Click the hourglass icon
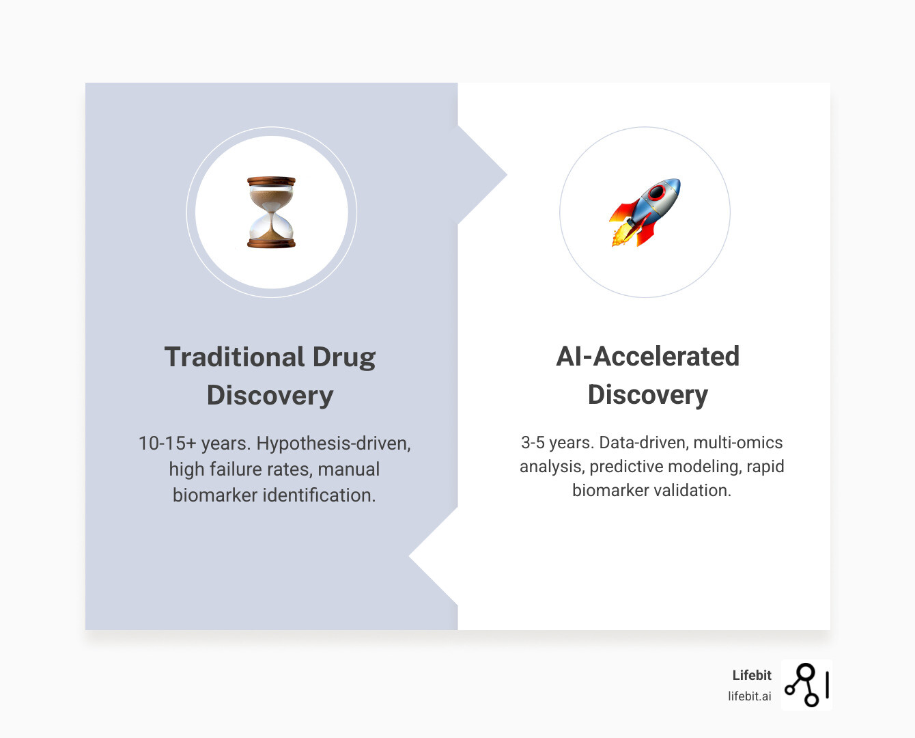pos(271,212)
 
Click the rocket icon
pos(645,212)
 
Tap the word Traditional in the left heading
pos(234,357)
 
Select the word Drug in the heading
pos(344,357)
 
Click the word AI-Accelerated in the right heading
pos(647,356)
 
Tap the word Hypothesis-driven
pos(333,443)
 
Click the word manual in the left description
pos(348,469)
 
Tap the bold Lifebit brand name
pos(752,675)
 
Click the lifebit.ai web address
pos(749,696)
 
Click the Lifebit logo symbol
pos(806,685)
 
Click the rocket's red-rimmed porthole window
pos(656,193)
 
